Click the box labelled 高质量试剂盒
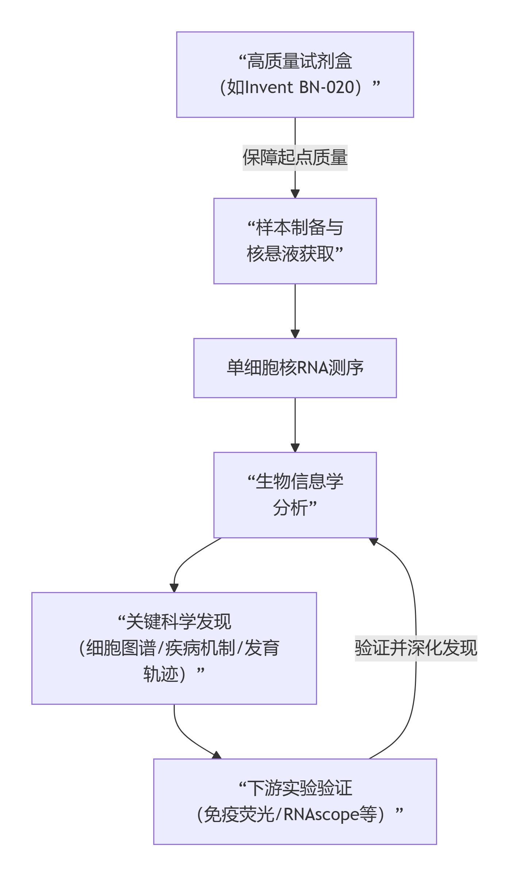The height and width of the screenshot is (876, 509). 295,74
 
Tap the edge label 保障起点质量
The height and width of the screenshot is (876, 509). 295,158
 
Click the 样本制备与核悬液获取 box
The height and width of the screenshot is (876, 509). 295,241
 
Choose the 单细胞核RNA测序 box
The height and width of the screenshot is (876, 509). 295,368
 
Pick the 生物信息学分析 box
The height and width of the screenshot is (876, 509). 295,495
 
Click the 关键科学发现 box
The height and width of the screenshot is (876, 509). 174,648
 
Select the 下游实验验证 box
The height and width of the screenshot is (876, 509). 295,801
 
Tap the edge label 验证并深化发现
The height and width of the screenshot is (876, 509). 416,648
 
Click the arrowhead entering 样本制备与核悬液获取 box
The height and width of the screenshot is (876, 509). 295,194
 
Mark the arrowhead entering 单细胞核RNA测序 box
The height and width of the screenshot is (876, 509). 295,334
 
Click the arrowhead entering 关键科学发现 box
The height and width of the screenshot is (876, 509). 174,588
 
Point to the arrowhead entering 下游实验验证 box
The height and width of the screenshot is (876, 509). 217,755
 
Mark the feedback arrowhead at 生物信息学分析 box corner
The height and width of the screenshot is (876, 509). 374,542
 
